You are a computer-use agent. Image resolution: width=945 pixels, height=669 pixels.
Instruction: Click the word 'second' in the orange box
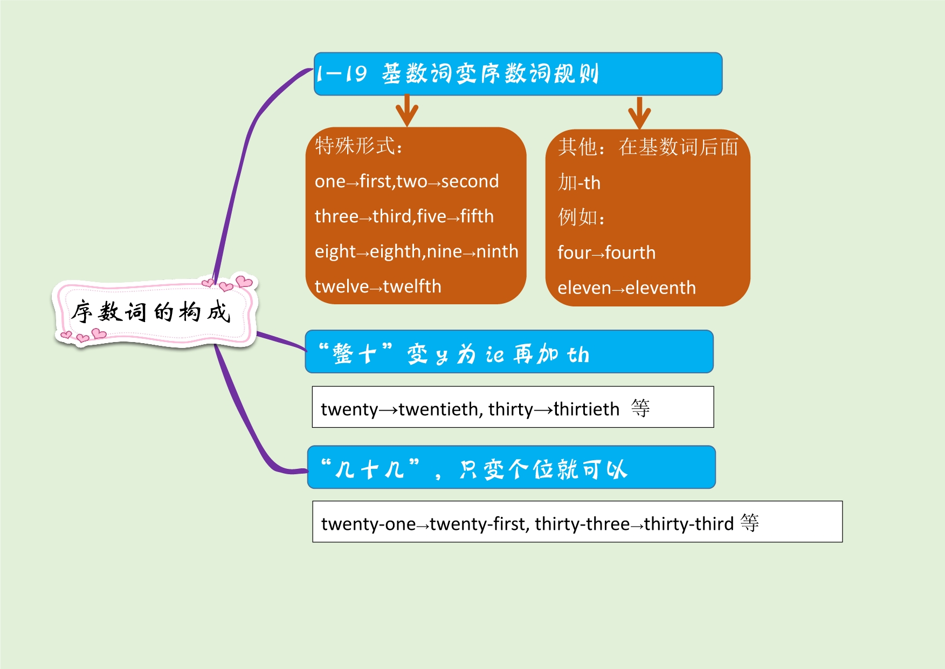470,182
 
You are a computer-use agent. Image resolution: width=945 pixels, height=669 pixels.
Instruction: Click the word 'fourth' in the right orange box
630,253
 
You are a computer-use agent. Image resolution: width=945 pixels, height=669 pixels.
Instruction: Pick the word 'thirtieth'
587,409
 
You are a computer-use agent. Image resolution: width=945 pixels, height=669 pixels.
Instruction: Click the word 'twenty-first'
479,524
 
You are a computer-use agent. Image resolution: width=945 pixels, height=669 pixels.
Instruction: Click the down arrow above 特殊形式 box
407,111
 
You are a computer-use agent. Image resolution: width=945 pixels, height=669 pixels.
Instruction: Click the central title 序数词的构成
151,312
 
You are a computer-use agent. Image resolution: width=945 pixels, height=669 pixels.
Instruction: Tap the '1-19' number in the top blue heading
342,74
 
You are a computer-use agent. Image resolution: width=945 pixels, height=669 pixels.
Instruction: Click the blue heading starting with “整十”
509,352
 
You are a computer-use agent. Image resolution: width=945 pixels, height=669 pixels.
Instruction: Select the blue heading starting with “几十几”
511,468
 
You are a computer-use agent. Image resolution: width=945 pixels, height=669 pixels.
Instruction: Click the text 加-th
579,183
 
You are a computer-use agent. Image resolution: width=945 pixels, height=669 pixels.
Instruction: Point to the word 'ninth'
497,252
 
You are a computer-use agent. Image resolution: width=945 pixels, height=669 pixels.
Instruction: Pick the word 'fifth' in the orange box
477,217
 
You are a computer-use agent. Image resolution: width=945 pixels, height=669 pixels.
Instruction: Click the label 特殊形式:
358,146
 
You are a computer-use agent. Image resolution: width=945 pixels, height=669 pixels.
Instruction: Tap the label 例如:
581,217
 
